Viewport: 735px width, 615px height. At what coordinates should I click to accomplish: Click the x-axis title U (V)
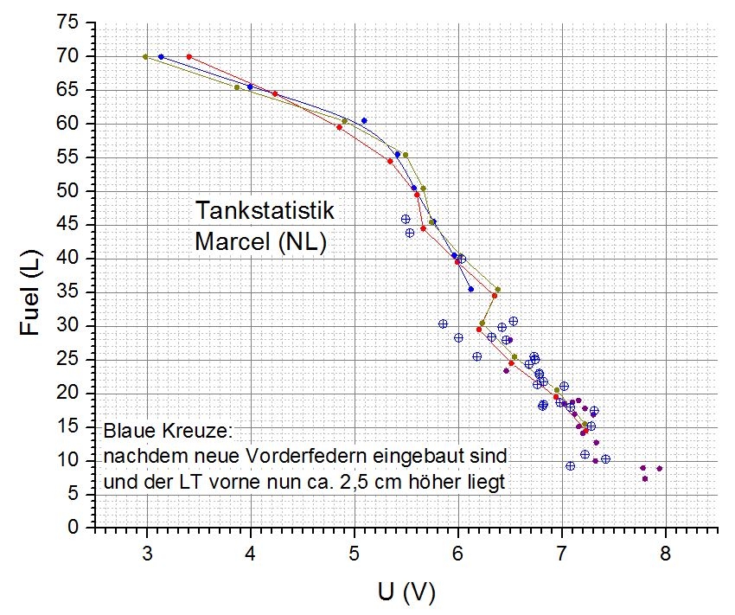(x=406, y=592)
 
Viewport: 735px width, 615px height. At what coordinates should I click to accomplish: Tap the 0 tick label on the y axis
(x=77, y=527)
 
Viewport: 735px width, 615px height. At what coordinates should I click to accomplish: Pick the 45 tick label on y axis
(x=70, y=224)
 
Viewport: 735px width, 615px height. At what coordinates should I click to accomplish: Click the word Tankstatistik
(x=264, y=212)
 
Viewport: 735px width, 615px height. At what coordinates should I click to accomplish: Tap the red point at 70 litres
(x=189, y=57)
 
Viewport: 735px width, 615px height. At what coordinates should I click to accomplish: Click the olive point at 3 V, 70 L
(x=145, y=56)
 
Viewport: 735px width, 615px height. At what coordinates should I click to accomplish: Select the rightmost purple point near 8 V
(x=660, y=469)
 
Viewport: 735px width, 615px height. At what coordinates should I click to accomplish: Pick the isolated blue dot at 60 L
(x=364, y=120)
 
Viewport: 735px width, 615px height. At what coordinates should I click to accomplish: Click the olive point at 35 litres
(x=497, y=290)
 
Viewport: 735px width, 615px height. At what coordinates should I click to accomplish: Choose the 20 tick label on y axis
(x=70, y=393)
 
